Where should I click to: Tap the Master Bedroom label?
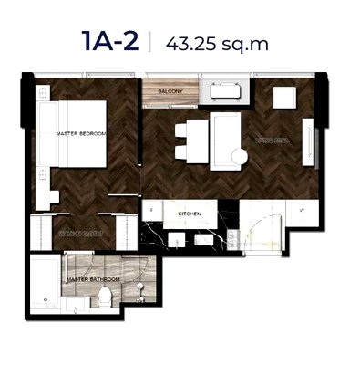point(80,134)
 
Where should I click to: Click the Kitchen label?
point(189,212)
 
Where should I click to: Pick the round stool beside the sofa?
point(239,158)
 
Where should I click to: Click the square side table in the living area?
point(283,98)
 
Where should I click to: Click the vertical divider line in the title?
point(149,42)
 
